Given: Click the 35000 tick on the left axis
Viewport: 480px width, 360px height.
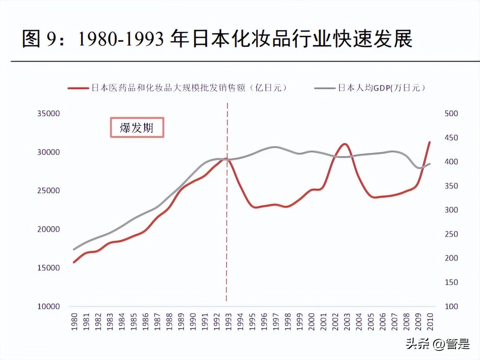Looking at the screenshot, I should [48, 114].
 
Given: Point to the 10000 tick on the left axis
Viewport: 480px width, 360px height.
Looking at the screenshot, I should [48, 306].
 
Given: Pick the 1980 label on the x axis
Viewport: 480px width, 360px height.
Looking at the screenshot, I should [74, 322].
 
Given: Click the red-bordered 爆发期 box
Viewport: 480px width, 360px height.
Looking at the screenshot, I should [137, 127].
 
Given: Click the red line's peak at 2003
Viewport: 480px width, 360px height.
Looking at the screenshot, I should [344, 144].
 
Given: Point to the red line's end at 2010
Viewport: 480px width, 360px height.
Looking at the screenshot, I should [429, 142].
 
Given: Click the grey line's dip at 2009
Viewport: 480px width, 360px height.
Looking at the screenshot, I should [419, 168].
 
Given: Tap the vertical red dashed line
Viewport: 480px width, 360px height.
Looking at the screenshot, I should [227, 228].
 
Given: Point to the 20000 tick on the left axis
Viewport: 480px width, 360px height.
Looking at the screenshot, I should [48, 229].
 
